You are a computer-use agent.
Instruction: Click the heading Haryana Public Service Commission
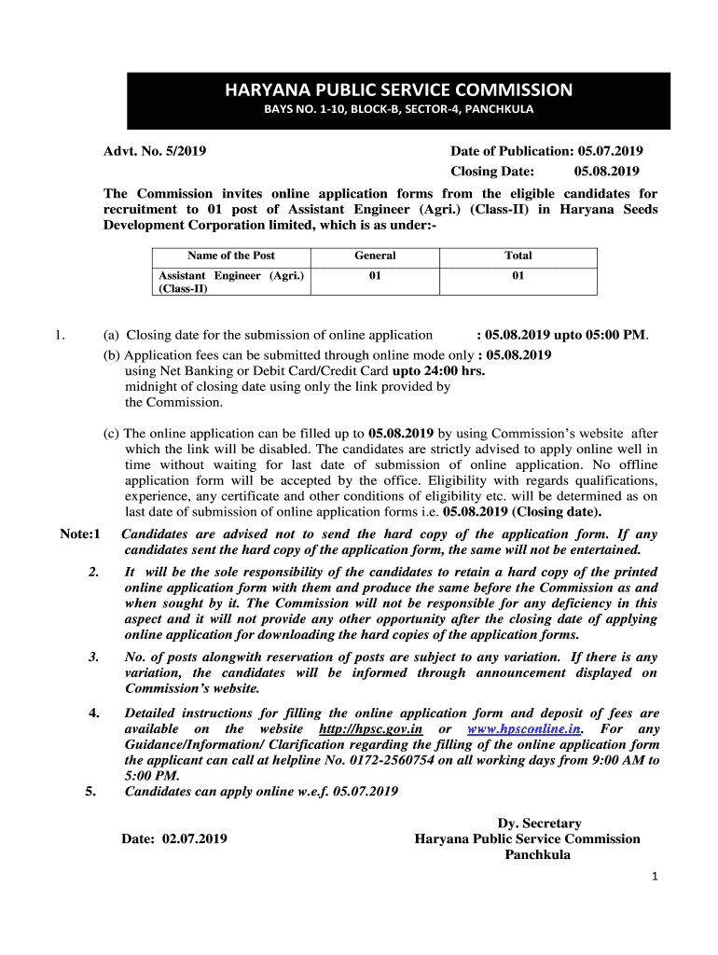point(397,90)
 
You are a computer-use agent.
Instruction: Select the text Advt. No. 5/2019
point(155,151)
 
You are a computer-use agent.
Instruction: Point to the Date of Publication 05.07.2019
point(546,151)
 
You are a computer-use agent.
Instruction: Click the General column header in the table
point(375,256)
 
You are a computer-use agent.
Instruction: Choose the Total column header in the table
point(518,256)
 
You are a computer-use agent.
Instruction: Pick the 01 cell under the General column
point(375,276)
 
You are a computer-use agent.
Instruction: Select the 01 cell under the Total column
point(518,276)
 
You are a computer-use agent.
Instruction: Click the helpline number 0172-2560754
point(475,760)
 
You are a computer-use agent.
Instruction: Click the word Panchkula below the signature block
point(538,854)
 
